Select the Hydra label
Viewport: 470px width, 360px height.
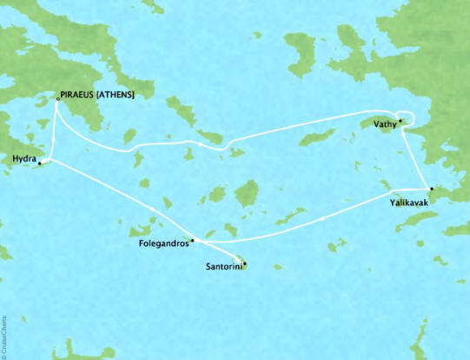click(x=23, y=159)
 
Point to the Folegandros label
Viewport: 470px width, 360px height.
click(x=162, y=244)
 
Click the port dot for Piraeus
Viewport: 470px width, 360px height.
click(x=57, y=99)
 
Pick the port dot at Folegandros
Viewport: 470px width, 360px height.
click(x=192, y=239)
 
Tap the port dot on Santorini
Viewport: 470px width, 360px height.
click(x=244, y=263)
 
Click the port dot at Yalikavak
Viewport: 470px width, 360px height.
click(x=427, y=189)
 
